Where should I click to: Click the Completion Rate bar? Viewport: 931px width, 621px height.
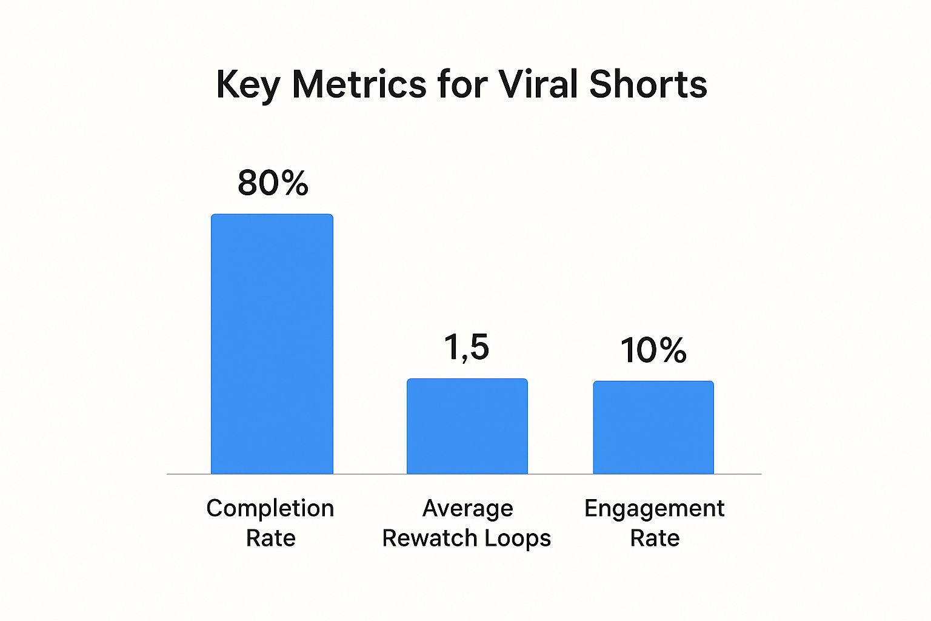click(272, 344)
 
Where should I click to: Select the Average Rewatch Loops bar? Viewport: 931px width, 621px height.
click(467, 426)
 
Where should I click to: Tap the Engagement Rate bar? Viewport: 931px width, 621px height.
click(653, 427)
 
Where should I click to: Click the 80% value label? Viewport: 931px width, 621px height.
click(273, 183)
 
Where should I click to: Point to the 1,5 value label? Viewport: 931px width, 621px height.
click(466, 347)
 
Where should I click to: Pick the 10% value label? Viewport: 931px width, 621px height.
click(653, 351)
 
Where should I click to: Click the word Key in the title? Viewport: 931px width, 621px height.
click(247, 84)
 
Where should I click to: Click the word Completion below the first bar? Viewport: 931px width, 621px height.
click(270, 508)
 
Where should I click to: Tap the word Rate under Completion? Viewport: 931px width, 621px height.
click(270, 538)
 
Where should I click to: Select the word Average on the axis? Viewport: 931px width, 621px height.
click(467, 508)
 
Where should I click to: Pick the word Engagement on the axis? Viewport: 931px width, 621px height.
click(654, 508)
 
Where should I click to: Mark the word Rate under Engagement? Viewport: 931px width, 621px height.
click(655, 538)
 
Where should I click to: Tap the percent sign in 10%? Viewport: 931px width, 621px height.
click(672, 351)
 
